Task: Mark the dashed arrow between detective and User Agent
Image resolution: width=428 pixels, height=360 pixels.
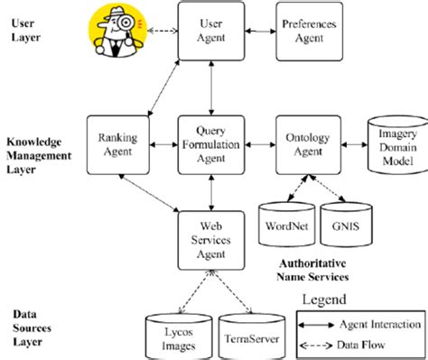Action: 163,32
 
